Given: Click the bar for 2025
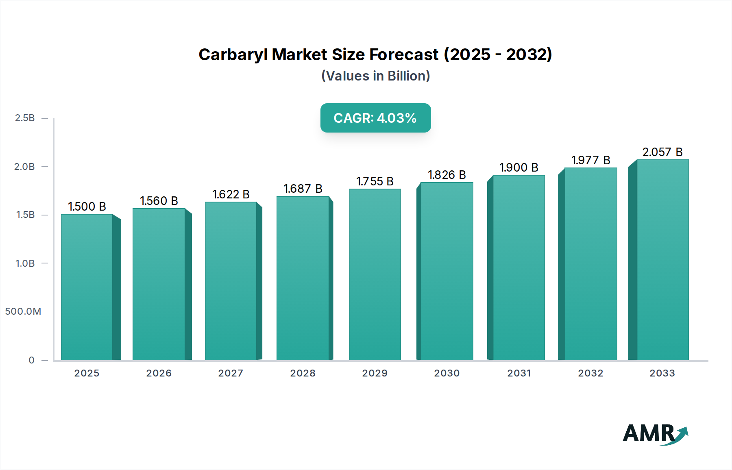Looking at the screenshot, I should point(87,287).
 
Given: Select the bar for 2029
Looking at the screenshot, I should point(375,274).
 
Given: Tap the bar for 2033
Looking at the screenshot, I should point(662,260).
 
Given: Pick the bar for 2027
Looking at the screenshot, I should point(231,281).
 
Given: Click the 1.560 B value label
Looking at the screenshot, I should point(159,201).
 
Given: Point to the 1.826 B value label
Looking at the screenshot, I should point(447,175).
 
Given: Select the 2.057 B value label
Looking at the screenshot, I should point(662,152).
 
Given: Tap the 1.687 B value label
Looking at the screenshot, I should point(303,189).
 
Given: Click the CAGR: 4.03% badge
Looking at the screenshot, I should point(375,118).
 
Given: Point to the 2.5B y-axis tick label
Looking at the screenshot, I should point(25,118).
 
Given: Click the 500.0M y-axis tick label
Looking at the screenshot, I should point(23,311).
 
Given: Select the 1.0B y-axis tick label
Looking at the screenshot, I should point(25,263).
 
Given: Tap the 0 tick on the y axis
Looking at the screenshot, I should point(31,360).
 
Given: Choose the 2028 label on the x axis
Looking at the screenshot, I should point(303,373).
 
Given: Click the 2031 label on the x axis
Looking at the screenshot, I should point(519,373).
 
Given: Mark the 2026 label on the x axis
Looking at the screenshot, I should point(159,373).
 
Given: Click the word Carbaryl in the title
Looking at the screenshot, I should point(233,54).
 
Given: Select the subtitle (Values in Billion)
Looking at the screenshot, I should point(375,76).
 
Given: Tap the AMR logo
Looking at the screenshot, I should point(655,434).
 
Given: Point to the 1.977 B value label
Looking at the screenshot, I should point(590,160).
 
